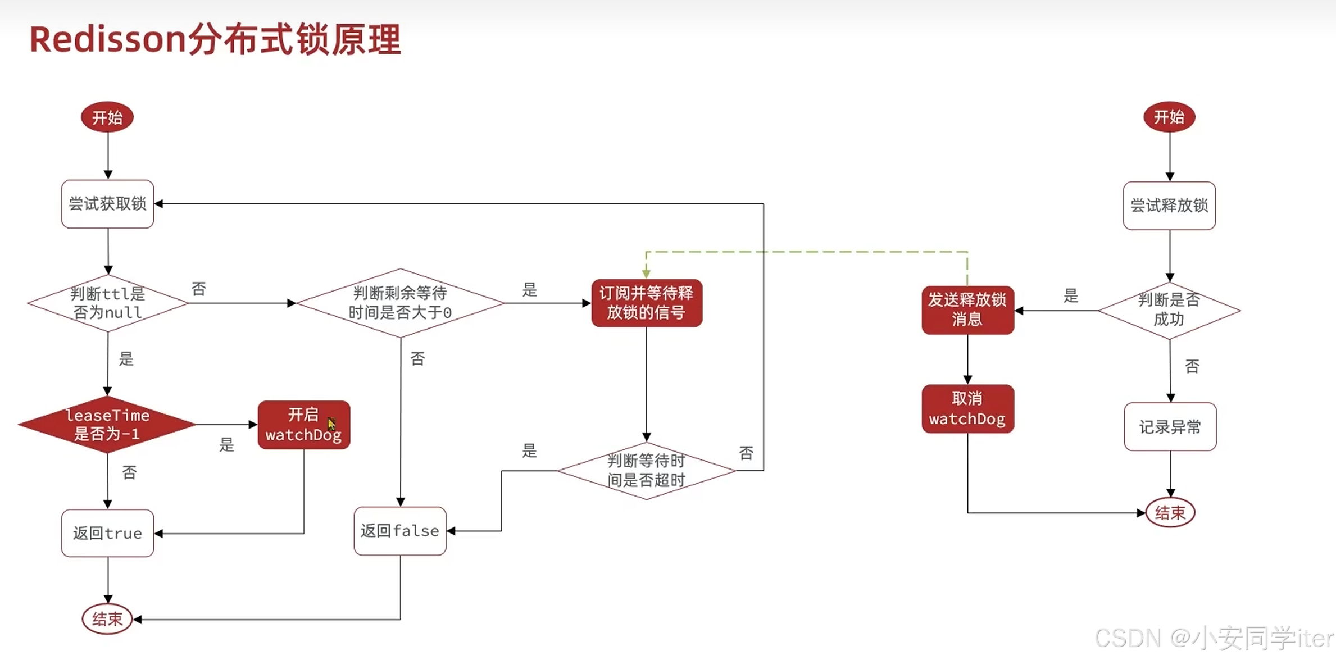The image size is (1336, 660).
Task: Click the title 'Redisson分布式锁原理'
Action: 215,39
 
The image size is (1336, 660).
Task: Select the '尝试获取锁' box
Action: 107,204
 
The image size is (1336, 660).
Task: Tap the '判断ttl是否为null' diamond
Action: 107,303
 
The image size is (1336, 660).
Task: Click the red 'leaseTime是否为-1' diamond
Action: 107,424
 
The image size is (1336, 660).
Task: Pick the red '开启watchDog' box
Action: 303,425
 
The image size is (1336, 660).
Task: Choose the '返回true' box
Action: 107,533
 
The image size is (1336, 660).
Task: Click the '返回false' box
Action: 399,531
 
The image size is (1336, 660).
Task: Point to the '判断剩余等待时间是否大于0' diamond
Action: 400,303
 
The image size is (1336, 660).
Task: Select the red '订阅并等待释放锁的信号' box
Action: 647,303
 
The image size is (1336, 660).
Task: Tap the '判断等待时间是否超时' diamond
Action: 646,471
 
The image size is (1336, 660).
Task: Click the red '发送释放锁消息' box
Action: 967,309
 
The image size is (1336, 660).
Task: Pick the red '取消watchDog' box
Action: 967,409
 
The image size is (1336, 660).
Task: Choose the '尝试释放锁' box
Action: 1169,206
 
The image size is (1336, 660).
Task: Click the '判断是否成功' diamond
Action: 1169,310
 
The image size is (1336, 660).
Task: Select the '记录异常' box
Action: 1170,427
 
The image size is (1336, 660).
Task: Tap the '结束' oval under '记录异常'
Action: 1170,512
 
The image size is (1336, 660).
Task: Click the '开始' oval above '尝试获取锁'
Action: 107,117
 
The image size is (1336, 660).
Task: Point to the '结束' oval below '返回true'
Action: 107,619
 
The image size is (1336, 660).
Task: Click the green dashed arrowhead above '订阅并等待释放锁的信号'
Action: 646,273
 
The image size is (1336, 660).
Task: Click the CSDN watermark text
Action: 1214,638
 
